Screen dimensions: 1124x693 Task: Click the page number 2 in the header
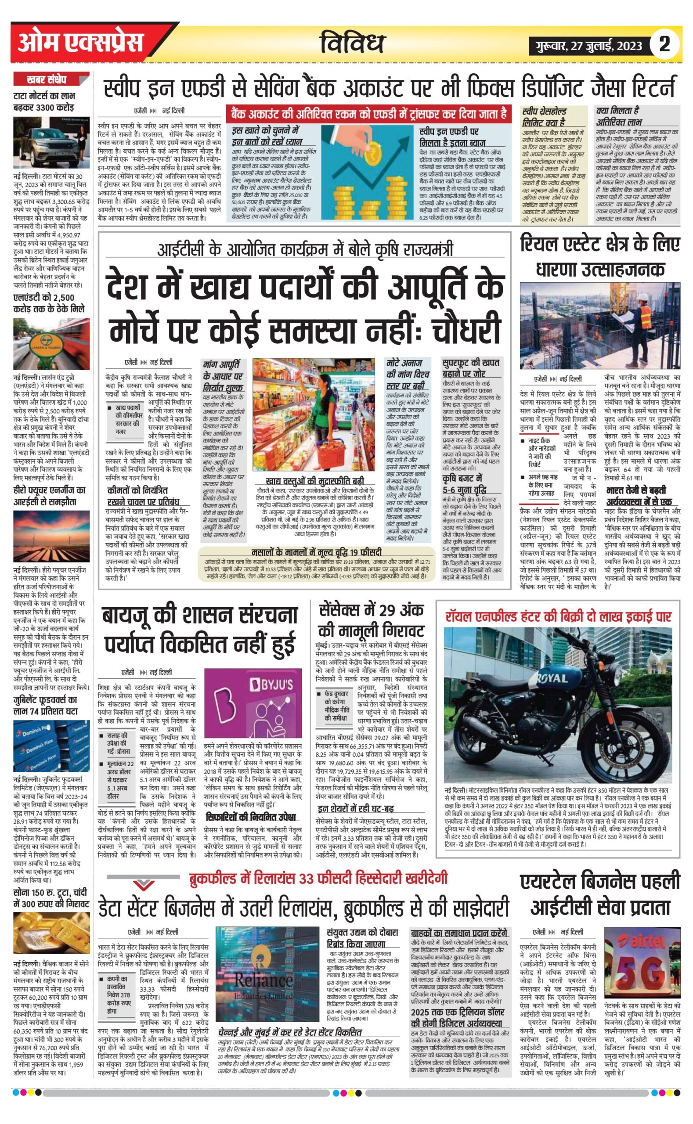coord(664,44)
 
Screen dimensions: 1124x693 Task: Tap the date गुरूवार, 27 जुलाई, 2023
coord(587,46)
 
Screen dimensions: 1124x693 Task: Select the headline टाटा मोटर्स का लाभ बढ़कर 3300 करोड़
coord(43,102)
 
